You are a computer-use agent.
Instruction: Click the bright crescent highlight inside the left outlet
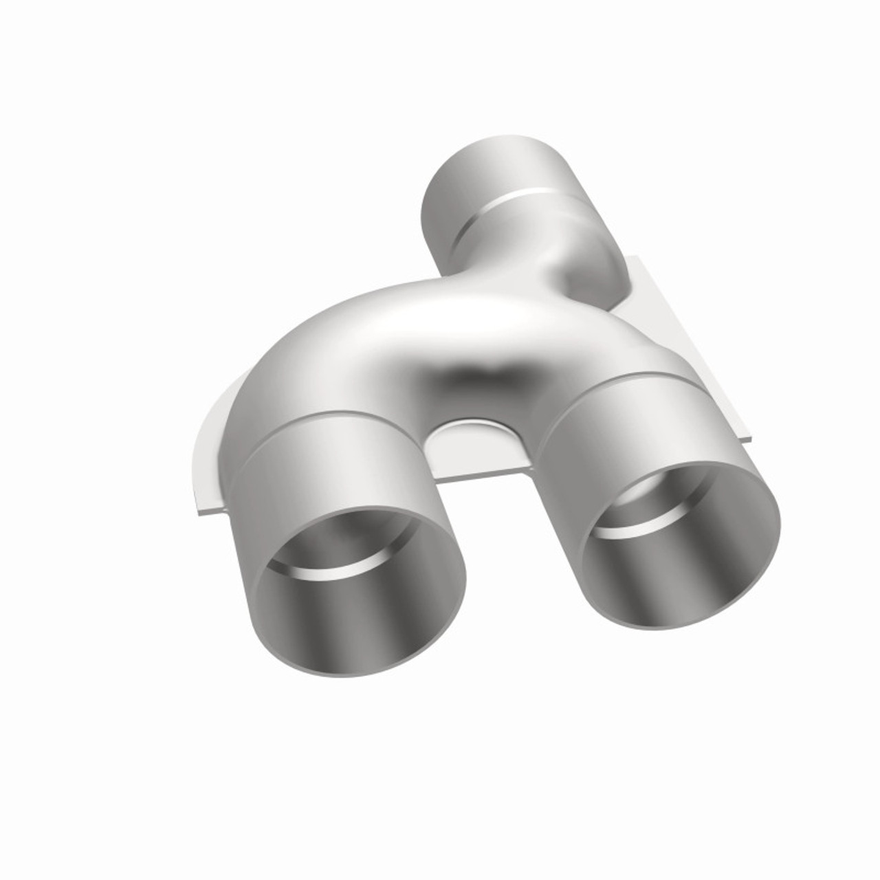[323, 564]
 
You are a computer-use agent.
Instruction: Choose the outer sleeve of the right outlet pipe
[619, 426]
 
